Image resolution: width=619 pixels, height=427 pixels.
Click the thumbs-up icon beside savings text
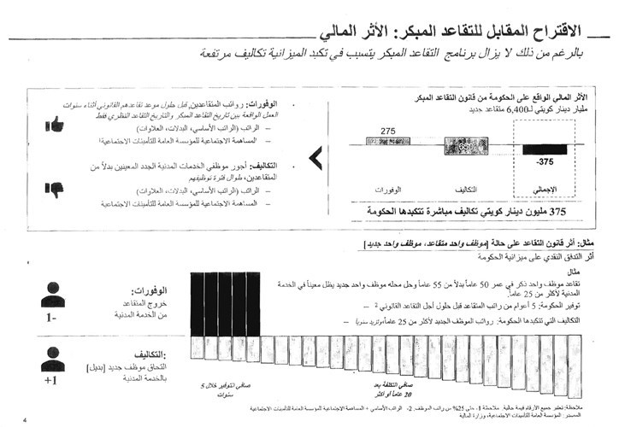pos(57,125)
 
